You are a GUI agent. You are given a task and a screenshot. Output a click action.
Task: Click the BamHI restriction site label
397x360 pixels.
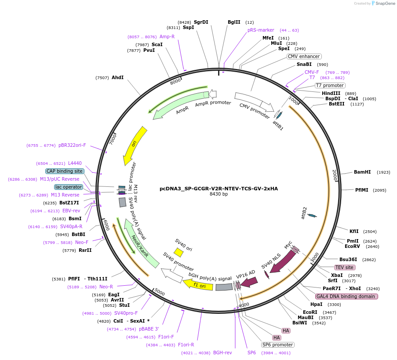click(x=362, y=172)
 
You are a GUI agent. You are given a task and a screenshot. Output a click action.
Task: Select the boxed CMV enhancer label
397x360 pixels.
click(x=304, y=56)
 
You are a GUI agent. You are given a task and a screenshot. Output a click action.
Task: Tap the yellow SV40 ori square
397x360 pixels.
click(x=178, y=252)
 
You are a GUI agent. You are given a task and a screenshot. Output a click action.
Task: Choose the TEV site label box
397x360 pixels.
click(x=344, y=267)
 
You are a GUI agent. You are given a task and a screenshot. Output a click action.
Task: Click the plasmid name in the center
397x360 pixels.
click(x=219, y=189)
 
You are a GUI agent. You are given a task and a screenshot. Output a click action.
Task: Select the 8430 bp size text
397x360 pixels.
click(x=219, y=194)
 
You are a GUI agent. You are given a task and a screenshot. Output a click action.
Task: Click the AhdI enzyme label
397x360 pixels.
click(x=117, y=78)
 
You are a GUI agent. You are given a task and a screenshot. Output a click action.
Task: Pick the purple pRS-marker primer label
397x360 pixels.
click(x=261, y=30)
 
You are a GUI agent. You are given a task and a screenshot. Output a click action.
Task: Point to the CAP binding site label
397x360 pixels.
click(x=64, y=171)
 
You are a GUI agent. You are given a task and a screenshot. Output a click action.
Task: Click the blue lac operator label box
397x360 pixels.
click(x=68, y=187)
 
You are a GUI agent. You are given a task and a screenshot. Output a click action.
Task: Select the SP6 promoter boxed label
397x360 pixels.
click(x=277, y=345)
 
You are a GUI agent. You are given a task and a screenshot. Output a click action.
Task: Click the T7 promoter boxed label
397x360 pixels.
click(x=330, y=85)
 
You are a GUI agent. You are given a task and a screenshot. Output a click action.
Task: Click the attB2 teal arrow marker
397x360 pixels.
click(x=312, y=215)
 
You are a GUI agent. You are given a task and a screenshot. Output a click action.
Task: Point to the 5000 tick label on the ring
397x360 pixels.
click(x=160, y=293)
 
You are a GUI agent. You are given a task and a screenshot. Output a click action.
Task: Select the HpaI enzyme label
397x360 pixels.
click(x=316, y=304)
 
